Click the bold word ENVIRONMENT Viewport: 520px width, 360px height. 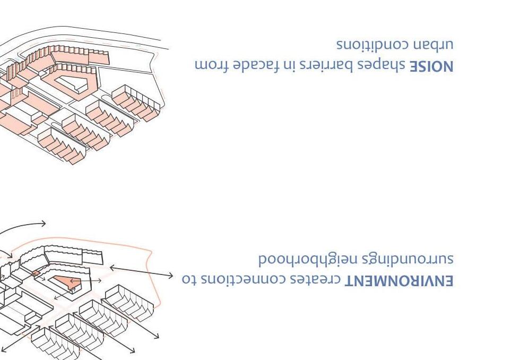(x=400, y=280)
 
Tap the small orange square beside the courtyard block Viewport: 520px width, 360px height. (x=36, y=273)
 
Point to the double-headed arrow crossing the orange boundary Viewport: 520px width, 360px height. (x=141, y=272)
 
